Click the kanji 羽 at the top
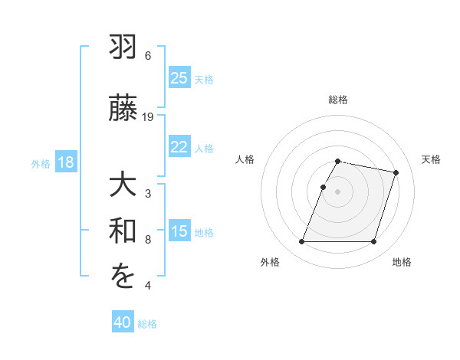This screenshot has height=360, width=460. point(123,48)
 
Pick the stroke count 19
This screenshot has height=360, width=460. point(148,116)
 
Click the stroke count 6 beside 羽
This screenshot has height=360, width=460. point(148,55)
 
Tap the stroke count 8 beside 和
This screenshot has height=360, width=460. point(148,240)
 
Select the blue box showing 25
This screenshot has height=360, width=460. point(179,78)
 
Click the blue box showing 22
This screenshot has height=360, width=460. point(179,148)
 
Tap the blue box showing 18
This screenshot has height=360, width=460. point(65,163)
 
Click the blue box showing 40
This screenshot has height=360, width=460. point(123,323)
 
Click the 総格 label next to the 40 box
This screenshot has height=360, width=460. point(147,324)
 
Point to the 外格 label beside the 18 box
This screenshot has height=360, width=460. point(41,164)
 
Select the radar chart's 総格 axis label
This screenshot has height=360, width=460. point(338,100)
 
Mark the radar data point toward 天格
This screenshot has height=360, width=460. point(396,173)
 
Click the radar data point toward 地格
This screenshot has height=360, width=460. point(373,242)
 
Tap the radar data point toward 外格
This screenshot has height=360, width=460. point(302,242)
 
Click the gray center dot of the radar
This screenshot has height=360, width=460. point(338,191)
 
